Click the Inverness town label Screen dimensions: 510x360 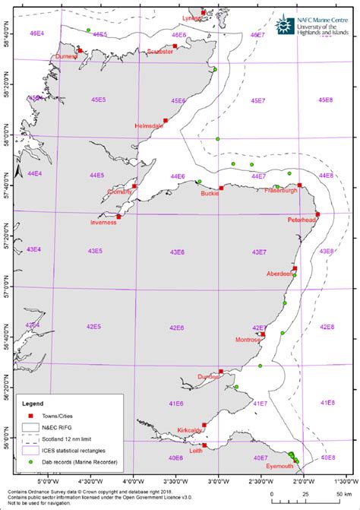[103, 223]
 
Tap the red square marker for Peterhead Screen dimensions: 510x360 [317, 214]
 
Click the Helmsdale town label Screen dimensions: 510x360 [149, 125]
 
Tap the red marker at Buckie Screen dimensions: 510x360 [221, 188]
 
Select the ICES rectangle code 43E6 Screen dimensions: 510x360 [176, 252]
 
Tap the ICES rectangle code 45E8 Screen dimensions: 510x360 [326, 100]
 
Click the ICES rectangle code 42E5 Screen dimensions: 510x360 [93, 326]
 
